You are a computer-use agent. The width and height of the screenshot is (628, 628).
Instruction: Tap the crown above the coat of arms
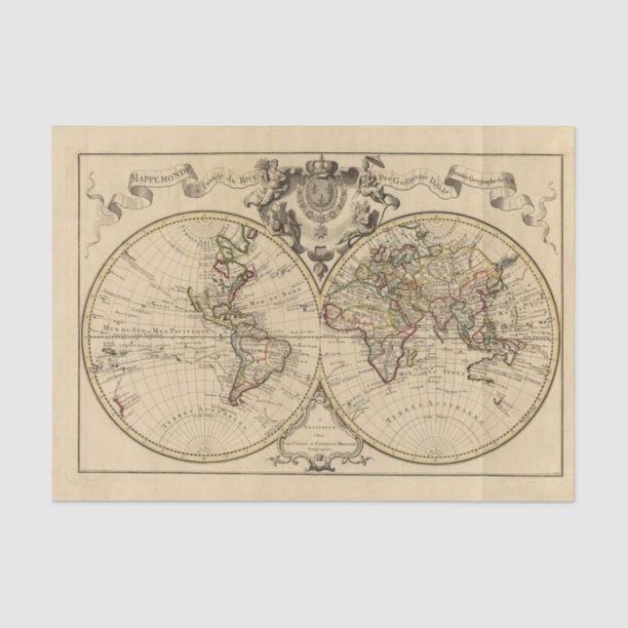pyautogui.click(x=320, y=166)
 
